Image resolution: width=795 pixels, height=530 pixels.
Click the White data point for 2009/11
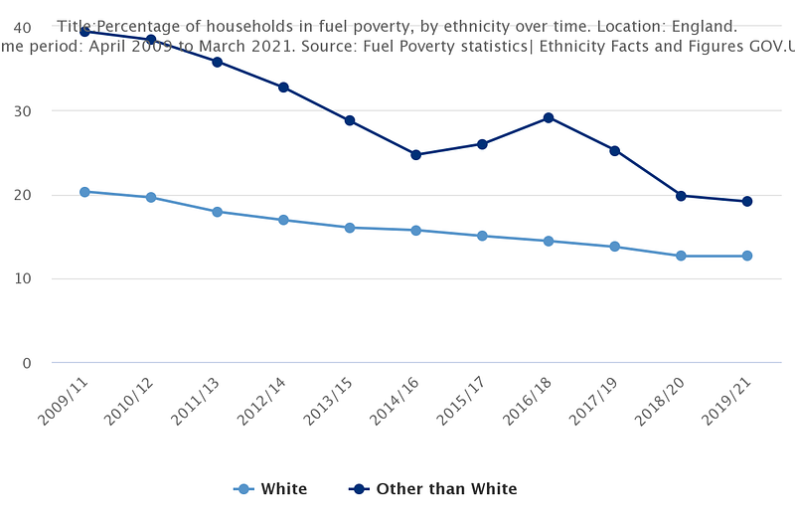84,192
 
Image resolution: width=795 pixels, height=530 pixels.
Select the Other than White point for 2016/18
549,117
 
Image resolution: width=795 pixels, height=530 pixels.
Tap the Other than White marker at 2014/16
415,154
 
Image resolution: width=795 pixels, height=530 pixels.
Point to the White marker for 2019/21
746,256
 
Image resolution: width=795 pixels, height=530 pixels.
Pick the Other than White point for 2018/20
681,196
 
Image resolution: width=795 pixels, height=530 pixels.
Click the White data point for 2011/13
217,212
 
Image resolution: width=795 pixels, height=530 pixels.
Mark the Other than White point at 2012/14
283,88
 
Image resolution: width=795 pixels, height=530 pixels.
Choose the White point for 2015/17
482,236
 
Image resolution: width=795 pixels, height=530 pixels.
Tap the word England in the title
705,27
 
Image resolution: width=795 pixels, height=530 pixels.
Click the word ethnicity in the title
458,27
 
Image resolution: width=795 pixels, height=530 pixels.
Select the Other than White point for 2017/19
614,151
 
